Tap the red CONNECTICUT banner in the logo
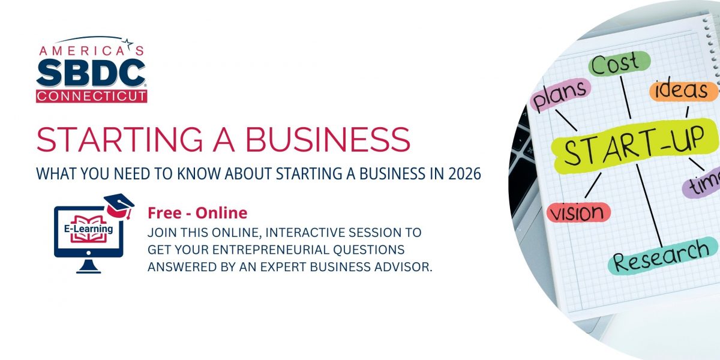click(x=91, y=95)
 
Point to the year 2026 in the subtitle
click(x=464, y=175)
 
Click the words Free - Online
click(x=197, y=213)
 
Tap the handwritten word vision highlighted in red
click(x=578, y=212)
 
